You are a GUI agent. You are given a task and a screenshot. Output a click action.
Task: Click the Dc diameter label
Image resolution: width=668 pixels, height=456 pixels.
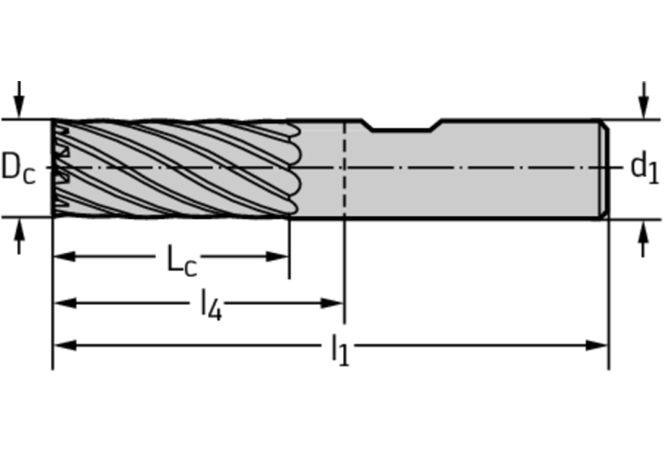coord(18,168)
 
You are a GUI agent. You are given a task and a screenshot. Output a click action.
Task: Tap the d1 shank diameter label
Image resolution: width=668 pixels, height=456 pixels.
coord(644,167)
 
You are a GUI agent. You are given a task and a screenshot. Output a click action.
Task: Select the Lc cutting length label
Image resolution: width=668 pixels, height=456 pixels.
coord(181,260)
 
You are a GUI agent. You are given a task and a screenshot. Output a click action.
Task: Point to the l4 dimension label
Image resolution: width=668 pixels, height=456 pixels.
coord(212,304)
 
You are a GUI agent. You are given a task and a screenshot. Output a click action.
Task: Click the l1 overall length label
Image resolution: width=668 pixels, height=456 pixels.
coord(341,350)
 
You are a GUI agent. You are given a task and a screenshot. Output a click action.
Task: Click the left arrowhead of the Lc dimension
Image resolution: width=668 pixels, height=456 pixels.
coord(64,256)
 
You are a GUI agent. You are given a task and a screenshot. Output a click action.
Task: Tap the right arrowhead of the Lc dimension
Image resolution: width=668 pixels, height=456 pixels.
coord(277,256)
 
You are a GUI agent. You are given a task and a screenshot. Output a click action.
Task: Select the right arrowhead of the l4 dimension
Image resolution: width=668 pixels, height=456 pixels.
coord(333,303)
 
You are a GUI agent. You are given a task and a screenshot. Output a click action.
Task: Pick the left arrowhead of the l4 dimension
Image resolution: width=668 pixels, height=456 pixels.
coord(64,303)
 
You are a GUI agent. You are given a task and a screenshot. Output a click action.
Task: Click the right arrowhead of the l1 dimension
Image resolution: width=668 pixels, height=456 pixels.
coord(597,345)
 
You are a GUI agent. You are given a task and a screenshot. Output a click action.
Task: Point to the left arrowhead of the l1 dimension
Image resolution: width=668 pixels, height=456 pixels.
coord(64,345)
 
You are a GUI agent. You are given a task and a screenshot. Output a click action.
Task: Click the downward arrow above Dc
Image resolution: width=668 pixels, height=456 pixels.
coord(19,99)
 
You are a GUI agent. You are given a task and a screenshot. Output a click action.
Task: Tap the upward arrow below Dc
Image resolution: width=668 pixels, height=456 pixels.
coord(19,236)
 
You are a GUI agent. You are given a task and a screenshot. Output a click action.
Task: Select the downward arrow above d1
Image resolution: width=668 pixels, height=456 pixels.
coord(644,99)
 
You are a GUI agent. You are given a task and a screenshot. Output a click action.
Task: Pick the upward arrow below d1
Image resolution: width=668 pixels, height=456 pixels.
coord(644,239)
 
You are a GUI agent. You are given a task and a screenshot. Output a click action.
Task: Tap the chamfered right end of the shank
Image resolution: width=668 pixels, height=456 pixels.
coord(604,169)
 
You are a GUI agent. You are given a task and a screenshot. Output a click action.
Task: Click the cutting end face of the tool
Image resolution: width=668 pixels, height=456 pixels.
coord(53,168)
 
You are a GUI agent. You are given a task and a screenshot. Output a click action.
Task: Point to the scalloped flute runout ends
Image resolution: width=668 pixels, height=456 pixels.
coord(294,168)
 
